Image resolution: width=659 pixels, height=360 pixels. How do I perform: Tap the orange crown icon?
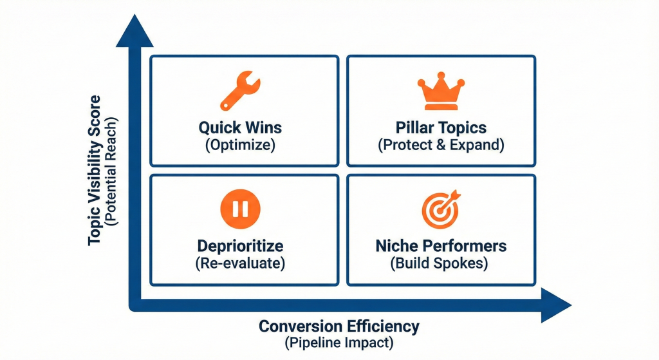(441, 92)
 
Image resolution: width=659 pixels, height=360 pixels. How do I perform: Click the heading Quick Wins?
(240, 127)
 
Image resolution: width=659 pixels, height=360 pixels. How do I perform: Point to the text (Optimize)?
(240, 144)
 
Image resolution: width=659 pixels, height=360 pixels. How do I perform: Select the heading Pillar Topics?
(441, 127)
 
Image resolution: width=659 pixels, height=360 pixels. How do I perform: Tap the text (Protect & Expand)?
(441, 144)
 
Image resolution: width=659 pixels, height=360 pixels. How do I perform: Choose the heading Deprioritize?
(240, 246)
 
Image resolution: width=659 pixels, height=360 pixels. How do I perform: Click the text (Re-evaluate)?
(240, 263)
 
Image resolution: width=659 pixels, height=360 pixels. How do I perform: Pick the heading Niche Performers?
(441, 246)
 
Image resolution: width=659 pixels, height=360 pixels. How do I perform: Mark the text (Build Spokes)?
(441, 263)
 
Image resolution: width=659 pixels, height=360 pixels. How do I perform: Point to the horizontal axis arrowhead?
(555, 305)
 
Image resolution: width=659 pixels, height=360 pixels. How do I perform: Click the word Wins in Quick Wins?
(263, 127)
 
